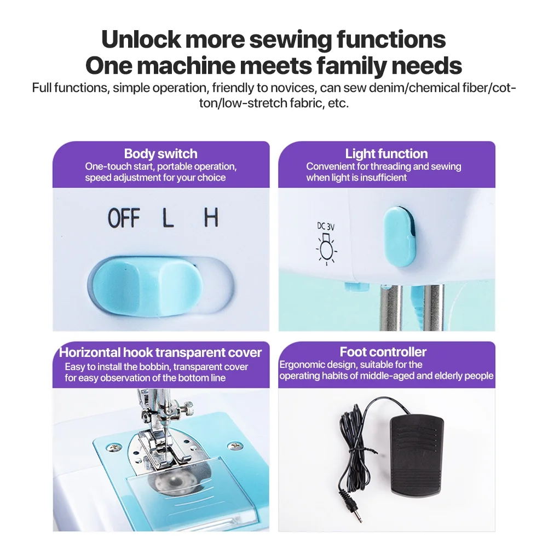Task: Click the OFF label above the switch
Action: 124,218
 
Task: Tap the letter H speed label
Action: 211,217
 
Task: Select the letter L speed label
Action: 168,218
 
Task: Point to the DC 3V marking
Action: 326,227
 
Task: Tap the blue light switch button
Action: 400,236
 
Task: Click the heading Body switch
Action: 161,154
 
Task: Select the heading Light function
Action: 386,154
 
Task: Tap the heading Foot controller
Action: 383,351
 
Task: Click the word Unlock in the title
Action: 141,39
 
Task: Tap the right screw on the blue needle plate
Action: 234,446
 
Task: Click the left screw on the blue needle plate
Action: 113,447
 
